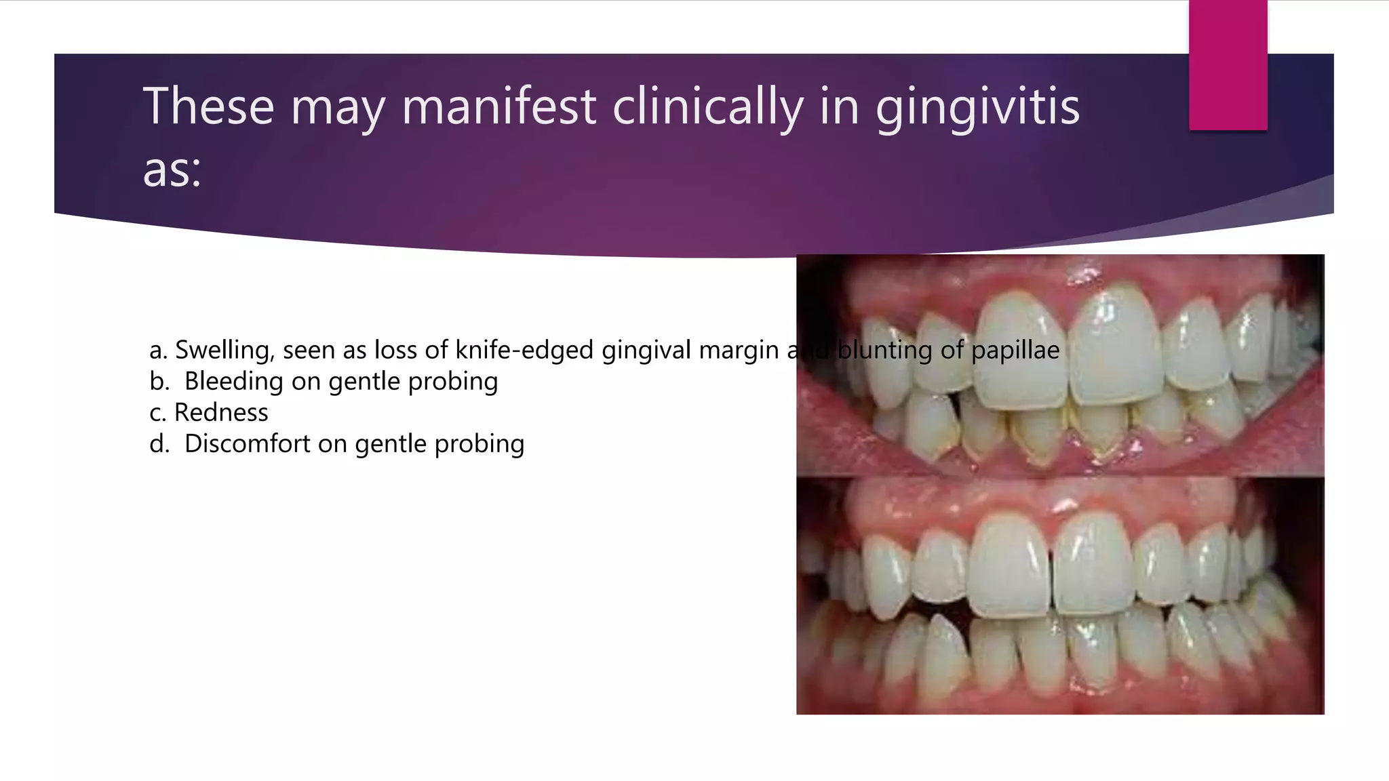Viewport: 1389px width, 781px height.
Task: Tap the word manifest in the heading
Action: (x=498, y=107)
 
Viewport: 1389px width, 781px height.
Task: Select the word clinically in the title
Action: (x=707, y=107)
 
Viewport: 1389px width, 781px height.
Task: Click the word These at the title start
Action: (x=208, y=107)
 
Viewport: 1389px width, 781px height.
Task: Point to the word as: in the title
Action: (x=172, y=169)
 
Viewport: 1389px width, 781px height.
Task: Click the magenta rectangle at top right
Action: (x=1228, y=65)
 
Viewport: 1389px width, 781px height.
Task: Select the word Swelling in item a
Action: (x=224, y=351)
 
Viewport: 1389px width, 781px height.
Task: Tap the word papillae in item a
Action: (x=1015, y=351)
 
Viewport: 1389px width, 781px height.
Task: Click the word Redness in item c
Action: (x=221, y=413)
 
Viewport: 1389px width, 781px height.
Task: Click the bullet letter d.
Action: (x=159, y=444)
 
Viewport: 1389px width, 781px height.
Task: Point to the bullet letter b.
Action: (x=159, y=382)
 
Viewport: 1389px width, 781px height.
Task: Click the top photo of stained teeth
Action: (x=1059, y=366)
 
